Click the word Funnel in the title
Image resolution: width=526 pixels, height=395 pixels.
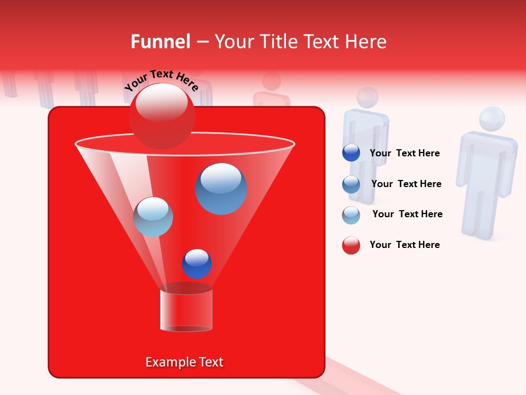coord(160,42)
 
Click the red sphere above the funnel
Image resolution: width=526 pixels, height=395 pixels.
coord(162,116)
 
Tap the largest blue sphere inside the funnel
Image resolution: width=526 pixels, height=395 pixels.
coord(221,188)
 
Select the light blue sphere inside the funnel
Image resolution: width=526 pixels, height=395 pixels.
coord(153,217)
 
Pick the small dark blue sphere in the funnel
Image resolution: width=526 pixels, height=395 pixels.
coord(197,263)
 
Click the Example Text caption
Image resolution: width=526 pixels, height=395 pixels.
coord(184,362)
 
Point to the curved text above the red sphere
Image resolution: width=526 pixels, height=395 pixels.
coord(162,81)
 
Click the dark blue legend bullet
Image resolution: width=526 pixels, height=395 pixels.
coord(351,153)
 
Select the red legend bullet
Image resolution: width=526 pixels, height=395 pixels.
coord(351,245)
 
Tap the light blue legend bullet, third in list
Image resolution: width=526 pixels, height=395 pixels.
coord(351,215)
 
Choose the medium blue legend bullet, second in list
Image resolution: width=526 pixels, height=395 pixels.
coord(351,184)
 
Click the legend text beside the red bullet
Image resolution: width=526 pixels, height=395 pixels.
coord(405,245)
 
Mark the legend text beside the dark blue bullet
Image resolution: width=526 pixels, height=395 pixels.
coord(405,153)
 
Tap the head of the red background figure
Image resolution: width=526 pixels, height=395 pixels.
coord(271,81)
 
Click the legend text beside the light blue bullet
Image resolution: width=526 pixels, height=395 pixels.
coord(407,214)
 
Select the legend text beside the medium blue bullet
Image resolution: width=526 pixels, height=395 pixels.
coord(406,184)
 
